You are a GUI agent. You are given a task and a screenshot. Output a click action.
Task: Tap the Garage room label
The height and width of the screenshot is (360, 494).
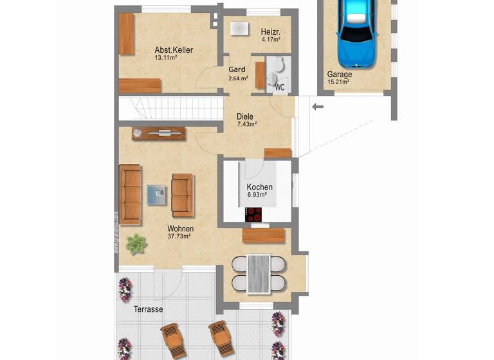point(340,74)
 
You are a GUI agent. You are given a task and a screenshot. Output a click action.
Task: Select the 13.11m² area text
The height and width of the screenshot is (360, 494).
point(165,58)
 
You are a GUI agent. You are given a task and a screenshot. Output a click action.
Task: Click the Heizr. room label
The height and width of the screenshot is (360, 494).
point(270,32)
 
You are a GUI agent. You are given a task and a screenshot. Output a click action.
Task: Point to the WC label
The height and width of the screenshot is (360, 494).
point(280,86)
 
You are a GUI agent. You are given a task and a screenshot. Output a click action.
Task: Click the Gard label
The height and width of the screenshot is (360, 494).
point(236,70)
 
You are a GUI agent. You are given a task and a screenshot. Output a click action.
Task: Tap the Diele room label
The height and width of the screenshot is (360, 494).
point(245,116)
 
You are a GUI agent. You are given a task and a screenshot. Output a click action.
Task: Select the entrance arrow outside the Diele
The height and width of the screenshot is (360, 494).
point(318,107)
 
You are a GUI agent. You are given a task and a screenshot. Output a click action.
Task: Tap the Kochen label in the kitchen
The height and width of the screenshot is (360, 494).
point(260,187)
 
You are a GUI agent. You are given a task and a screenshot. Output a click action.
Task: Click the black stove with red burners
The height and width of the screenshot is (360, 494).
point(257,215)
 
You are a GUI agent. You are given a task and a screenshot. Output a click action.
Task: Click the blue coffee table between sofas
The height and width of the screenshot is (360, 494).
point(156,194)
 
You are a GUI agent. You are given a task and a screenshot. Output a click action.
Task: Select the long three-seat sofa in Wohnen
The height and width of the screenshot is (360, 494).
point(131,194)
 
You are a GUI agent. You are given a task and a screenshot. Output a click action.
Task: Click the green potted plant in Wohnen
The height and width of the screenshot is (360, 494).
point(136,244)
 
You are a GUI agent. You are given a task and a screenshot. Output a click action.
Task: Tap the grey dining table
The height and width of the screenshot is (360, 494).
point(259,273)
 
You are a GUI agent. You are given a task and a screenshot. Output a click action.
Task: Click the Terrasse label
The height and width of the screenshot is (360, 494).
point(148,310)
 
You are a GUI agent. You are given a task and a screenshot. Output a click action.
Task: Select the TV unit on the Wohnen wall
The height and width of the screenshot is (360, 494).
point(159,133)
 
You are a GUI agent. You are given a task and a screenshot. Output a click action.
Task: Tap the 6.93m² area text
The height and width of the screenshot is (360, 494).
point(257,195)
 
